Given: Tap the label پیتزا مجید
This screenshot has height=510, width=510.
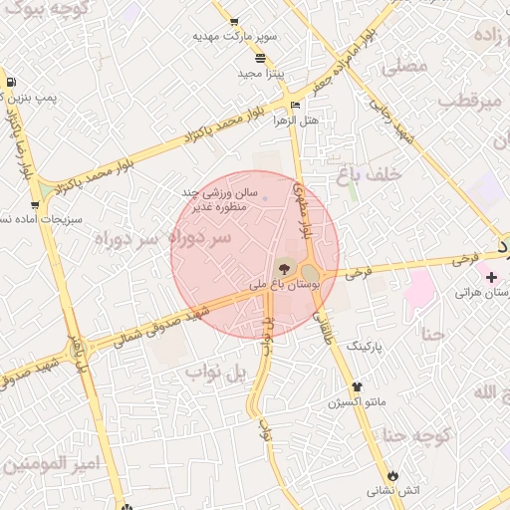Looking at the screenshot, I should [261, 74].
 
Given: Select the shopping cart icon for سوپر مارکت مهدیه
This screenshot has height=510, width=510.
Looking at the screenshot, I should [233, 22].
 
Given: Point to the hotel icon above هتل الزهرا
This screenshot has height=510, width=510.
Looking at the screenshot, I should [294, 105].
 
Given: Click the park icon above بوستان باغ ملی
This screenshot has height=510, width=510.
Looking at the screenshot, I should [284, 267].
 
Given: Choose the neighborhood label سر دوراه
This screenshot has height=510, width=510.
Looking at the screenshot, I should [163, 238].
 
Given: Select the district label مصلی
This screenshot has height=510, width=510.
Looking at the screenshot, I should [403, 67].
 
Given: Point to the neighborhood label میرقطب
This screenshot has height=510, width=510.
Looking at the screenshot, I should [467, 103].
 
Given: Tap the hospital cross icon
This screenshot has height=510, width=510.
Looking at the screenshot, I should [491, 275].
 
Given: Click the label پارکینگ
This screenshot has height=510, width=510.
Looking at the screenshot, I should [364, 345].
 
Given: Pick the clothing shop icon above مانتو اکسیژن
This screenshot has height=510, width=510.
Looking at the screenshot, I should [358, 385].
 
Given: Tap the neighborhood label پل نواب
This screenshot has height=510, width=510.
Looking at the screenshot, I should [215, 374].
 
